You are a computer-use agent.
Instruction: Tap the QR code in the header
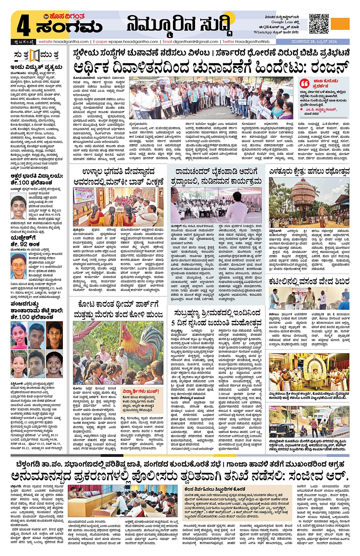[x=318, y=24]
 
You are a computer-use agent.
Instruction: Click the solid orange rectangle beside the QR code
[x=340, y=24]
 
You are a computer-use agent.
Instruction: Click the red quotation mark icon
[x=304, y=83]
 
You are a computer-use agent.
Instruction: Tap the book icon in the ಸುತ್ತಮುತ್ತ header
[x=35, y=55]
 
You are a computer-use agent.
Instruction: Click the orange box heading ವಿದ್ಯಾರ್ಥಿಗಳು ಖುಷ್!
[x=141, y=391]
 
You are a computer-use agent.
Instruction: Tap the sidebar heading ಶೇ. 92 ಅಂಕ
[x=25, y=244]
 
